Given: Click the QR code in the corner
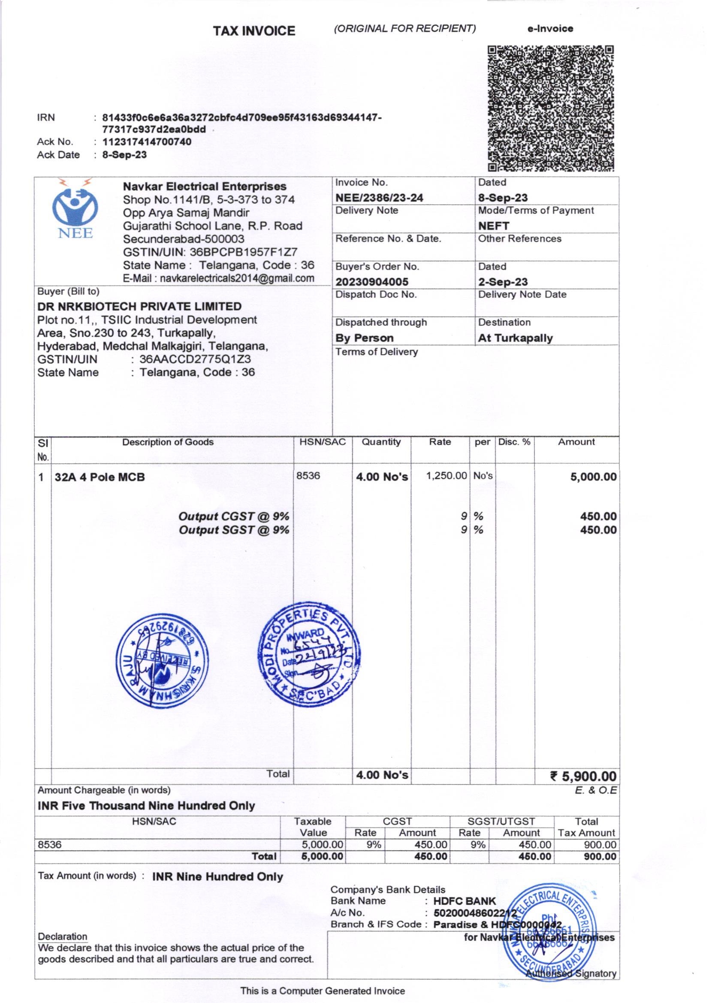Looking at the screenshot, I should tap(550, 108).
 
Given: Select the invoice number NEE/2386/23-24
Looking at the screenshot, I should tap(379, 198).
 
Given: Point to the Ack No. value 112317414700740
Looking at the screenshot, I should tap(147, 142).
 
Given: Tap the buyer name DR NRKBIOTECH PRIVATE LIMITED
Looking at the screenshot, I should tap(139, 306).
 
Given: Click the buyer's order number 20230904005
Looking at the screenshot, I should tap(372, 282).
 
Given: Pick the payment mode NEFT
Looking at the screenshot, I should tap(494, 226).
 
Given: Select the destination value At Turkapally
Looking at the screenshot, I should tap(515, 338).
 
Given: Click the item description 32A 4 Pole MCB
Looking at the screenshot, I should tap(100, 477).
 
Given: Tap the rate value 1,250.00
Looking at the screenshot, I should tap(447, 476).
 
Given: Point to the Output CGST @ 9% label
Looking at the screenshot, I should tap(234, 516).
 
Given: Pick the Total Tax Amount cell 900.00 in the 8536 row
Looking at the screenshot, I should tap(600, 845).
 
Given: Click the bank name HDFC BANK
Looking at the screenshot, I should tap(465, 901).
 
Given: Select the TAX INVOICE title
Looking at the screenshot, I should tap(254, 31).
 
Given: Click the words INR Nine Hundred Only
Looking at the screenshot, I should tap(217, 877).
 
